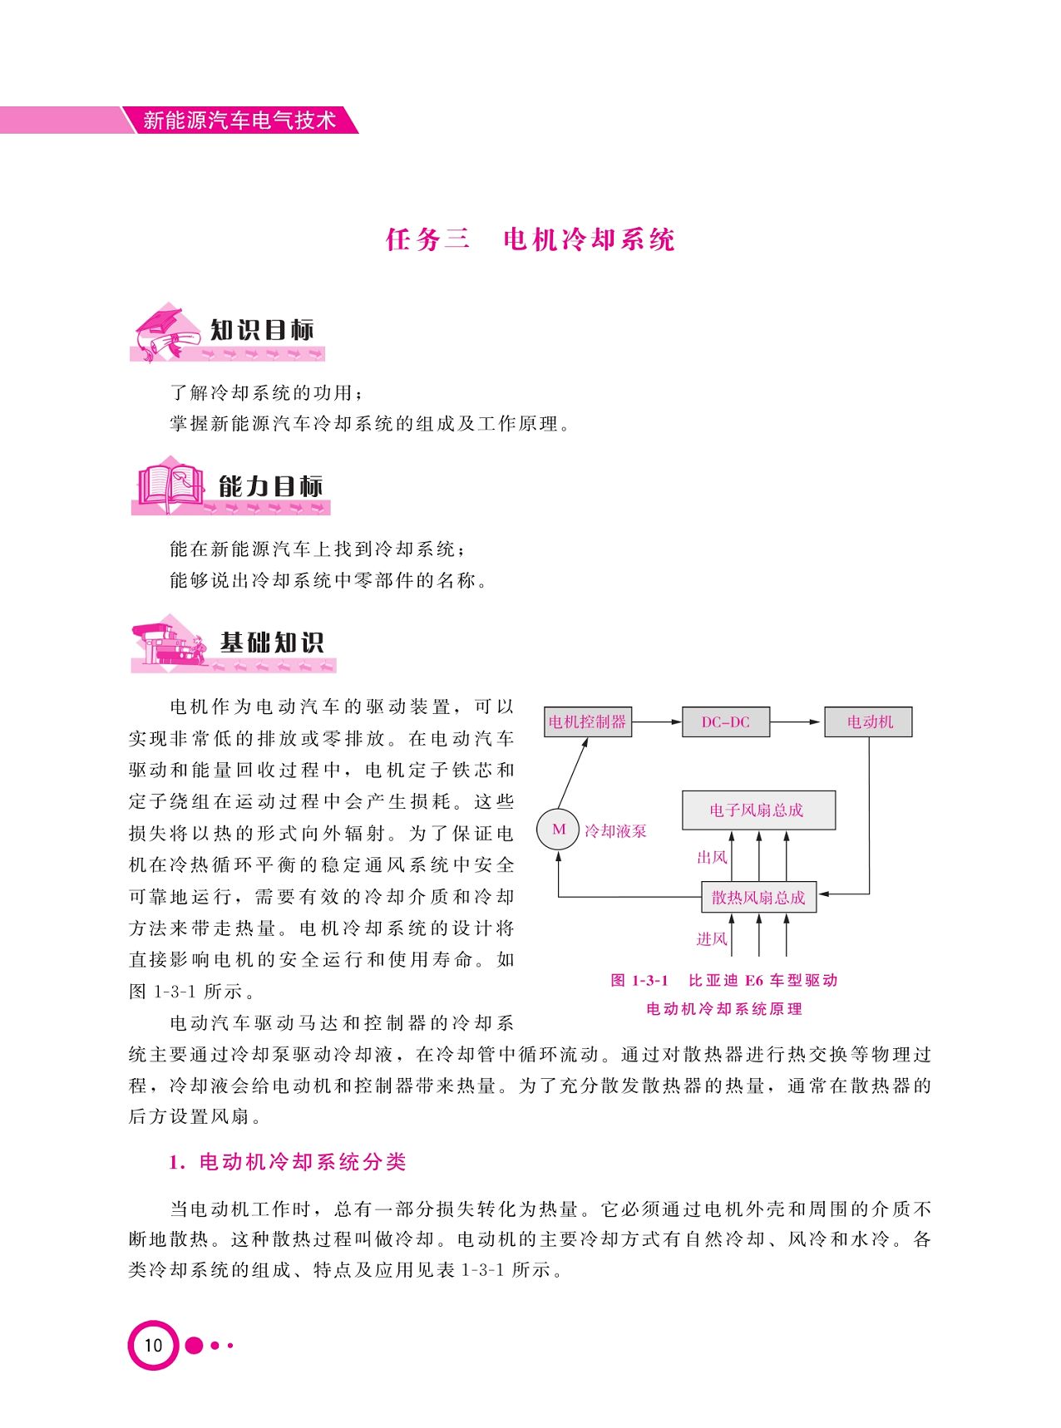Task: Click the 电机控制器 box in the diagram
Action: (x=587, y=721)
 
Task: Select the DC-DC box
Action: (x=725, y=721)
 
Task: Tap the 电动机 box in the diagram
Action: (x=868, y=721)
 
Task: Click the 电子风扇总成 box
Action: (x=758, y=810)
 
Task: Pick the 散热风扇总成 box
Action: (x=758, y=898)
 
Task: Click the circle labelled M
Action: (x=558, y=829)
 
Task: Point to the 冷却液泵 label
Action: (x=615, y=831)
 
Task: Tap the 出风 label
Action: (x=712, y=857)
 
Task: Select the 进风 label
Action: (x=712, y=939)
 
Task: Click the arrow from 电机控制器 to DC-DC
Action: (x=657, y=721)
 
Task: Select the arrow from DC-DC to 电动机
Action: (x=797, y=721)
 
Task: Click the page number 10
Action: (x=154, y=1345)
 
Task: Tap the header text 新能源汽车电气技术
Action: (x=239, y=121)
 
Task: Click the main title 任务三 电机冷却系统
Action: (x=530, y=239)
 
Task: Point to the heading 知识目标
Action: (x=262, y=330)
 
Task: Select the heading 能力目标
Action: (x=270, y=486)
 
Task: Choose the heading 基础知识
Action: (x=272, y=643)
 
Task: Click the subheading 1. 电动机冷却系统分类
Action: (x=288, y=1162)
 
